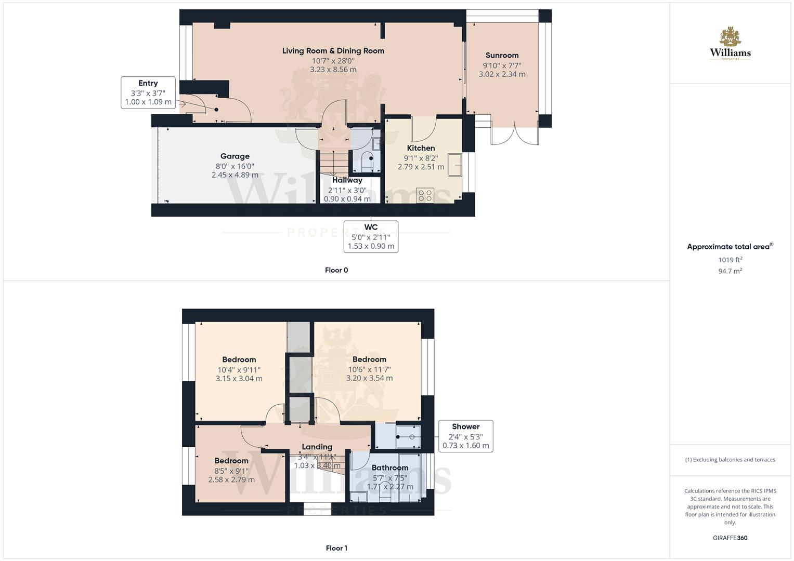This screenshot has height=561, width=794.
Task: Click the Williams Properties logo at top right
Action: tap(730, 44)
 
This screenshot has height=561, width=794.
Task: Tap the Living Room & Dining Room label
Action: tap(333, 51)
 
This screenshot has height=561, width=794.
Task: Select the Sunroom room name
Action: tap(502, 56)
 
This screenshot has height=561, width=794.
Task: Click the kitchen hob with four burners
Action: tap(425, 195)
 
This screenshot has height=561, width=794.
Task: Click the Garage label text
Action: tap(235, 156)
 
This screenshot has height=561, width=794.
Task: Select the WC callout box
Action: tap(371, 236)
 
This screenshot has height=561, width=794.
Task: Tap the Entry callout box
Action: tap(148, 92)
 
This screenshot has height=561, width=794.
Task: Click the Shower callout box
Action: tap(465, 436)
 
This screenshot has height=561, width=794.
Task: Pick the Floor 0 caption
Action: tap(336, 270)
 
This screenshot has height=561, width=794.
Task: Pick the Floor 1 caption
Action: tap(336, 548)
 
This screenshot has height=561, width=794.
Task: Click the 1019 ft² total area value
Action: tap(730, 260)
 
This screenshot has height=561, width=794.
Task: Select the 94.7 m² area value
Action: tap(730, 271)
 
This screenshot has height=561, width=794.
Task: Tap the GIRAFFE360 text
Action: tap(730, 538)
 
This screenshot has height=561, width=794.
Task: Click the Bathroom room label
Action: tap(390, 468)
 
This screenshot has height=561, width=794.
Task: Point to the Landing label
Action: tap(317, 447)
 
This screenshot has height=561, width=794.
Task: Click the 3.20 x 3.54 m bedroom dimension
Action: tap(369, 378)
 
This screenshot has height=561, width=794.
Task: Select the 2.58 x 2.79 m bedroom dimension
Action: tap(231, 479)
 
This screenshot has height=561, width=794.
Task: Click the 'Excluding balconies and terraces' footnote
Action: tap(730, 460)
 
